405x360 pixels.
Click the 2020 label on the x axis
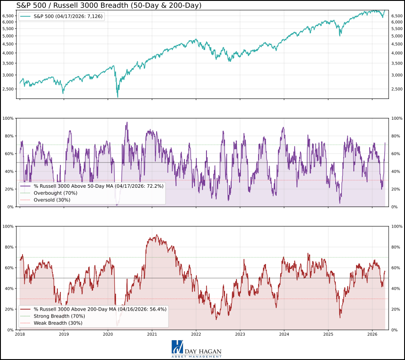(108, 335)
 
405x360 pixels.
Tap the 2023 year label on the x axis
(240, 335)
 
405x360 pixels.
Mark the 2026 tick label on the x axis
(372, 335)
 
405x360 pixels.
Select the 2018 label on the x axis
(20, 335)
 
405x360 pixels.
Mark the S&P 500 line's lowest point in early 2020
(118, 96)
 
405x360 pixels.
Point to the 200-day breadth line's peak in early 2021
(157, 235)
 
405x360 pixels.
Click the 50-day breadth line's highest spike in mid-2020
(127, 122)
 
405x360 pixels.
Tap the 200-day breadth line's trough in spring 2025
(340, 317)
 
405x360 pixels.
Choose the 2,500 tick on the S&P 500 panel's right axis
(397, 89)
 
